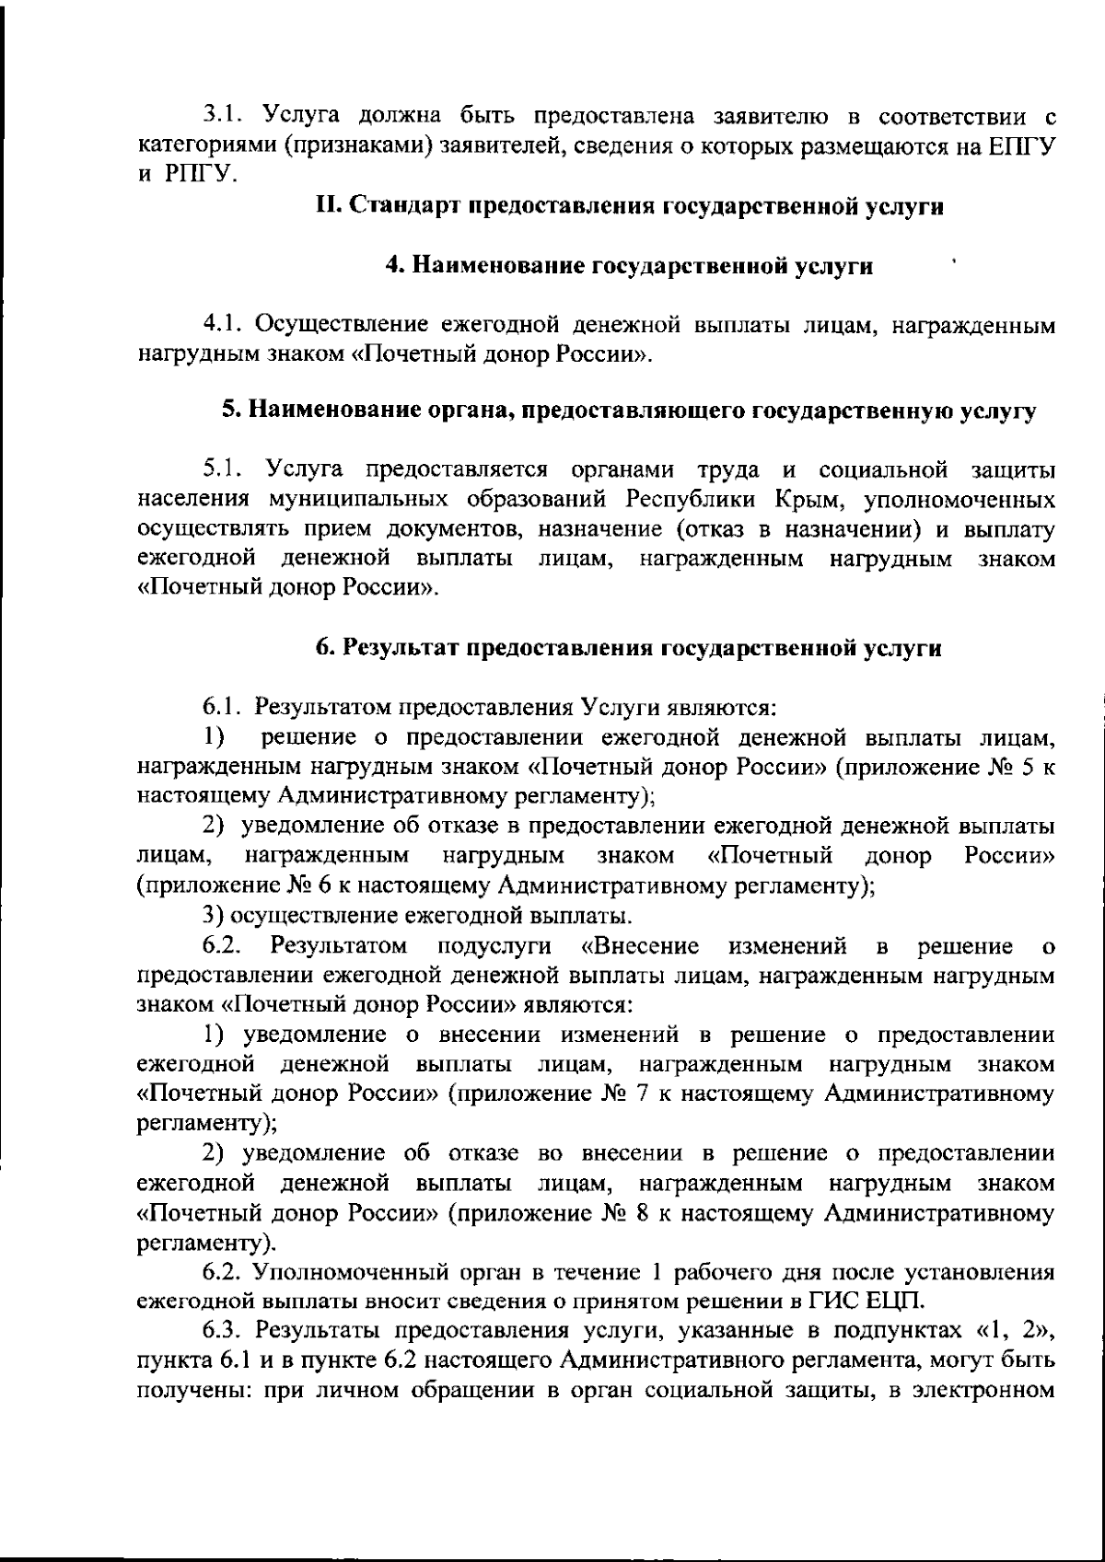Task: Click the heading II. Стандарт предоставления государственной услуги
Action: click(x=629, y=206)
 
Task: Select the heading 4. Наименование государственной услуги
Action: click(x=629, y=266)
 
